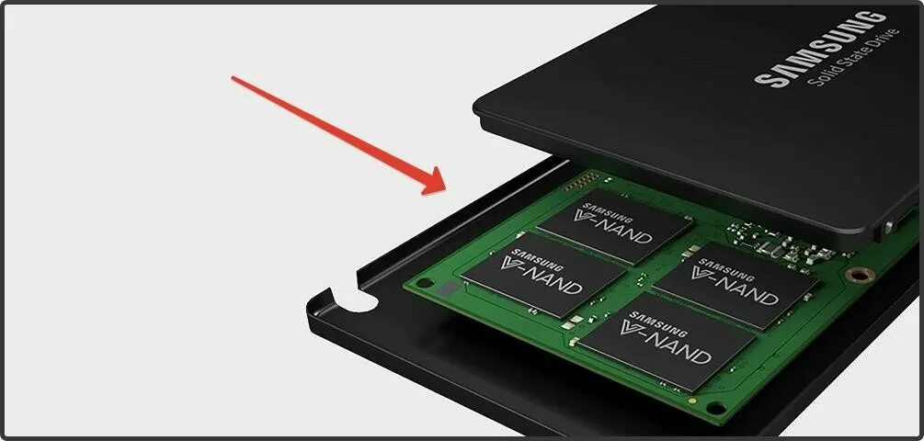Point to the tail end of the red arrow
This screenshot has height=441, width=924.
point(234,78)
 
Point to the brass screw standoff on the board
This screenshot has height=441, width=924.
point(859,274)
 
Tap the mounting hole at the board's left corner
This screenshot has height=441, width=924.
point(424,283)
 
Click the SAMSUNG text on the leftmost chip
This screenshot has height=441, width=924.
point(534,253)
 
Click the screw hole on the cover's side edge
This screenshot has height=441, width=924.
point(888,222)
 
